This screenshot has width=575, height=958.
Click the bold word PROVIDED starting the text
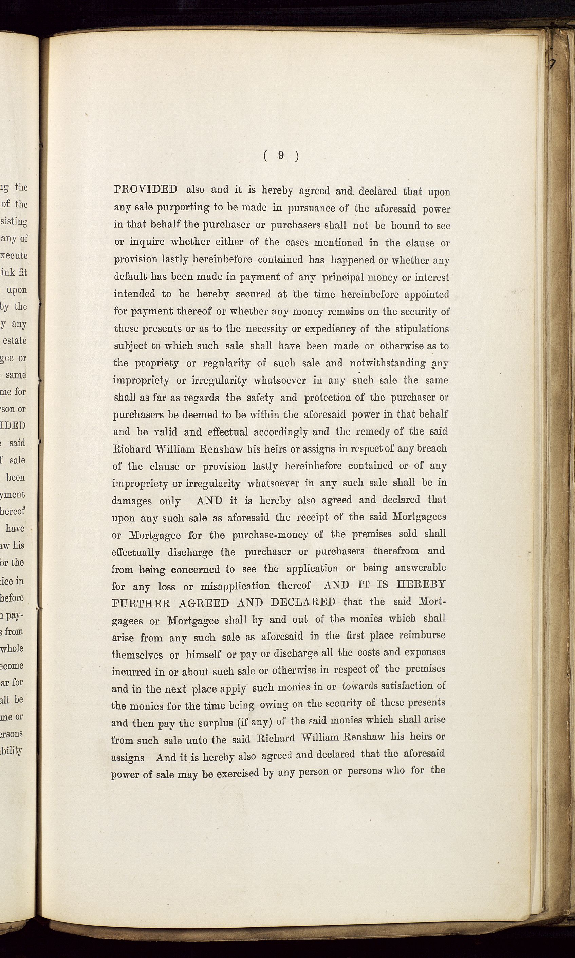[x=146, y=189]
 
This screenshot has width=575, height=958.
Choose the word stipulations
[x=422, y=329]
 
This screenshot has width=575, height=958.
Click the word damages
[x=131, y=501]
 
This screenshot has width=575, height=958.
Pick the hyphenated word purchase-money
[x=270, y=535]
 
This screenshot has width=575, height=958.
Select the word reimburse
[x=422, y=636]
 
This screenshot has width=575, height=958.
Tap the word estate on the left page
[x=15, y=341]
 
